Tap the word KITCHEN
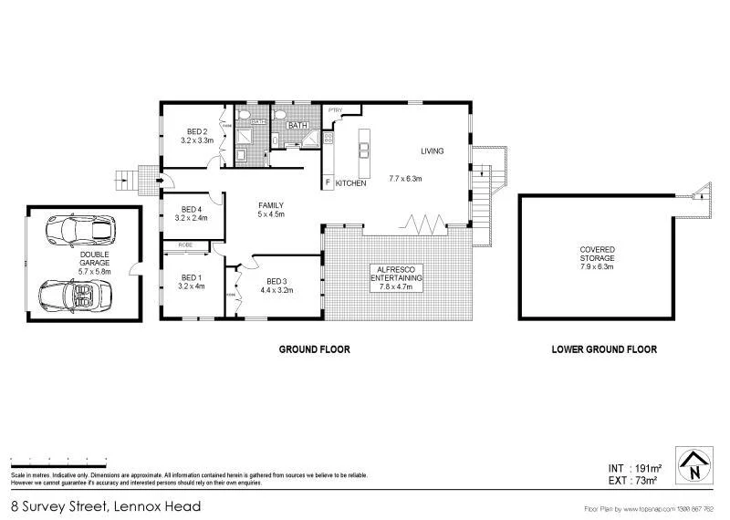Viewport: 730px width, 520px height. [x=351, y=183]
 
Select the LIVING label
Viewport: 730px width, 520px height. [x=432, y=151]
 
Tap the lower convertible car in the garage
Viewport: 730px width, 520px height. [x=76, y=294]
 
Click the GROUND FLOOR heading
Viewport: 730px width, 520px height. [x=314, y=349]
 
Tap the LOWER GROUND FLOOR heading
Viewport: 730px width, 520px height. [x=603, y=349]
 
